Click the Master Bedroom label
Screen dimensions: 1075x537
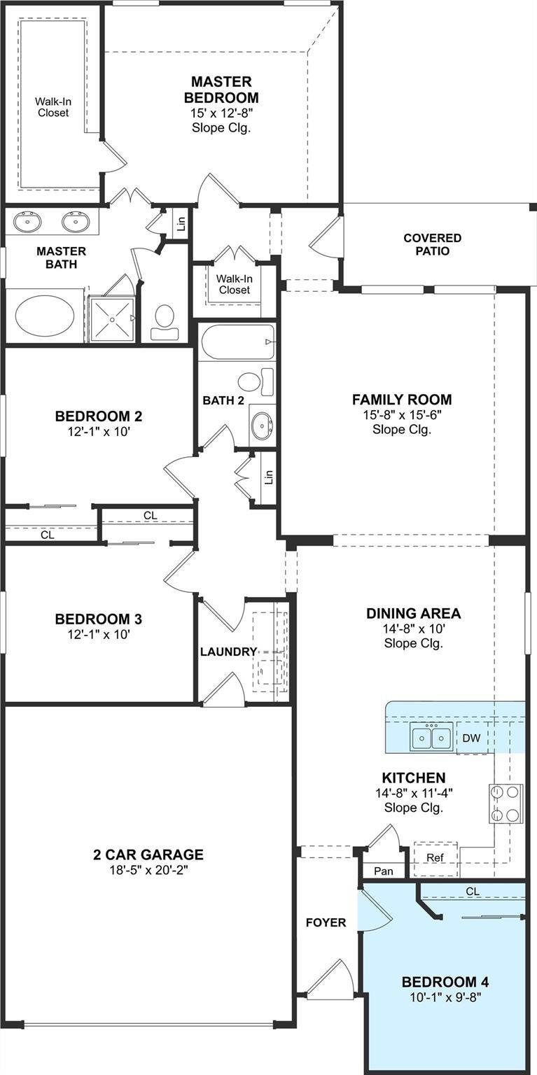[x=221, y=90]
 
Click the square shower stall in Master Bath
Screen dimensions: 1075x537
[x=111, y=318]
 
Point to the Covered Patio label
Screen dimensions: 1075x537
[x=432, y=244]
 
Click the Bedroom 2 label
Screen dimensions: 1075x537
[x=99, y=416]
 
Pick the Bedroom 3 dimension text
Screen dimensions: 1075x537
[x=99, y=635]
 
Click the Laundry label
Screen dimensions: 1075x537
[x=228, y=652]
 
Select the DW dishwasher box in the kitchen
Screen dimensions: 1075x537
[x=471, y=738]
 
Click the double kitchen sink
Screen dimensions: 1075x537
[x=431, y=737]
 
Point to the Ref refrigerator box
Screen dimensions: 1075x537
[x=434, y=857]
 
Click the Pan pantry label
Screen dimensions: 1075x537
[x=383, y=871]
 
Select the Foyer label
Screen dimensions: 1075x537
[x=326, y=922]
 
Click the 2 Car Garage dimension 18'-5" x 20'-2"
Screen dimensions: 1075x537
[x=148, y=870]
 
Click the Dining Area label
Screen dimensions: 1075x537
[x=413, y=614]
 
